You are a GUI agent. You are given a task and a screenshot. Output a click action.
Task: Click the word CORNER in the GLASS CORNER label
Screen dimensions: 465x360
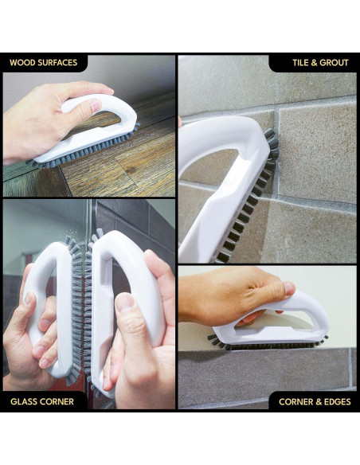tap(59, 401)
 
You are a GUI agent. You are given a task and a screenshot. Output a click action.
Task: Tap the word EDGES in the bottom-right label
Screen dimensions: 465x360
tap(337, 401)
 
